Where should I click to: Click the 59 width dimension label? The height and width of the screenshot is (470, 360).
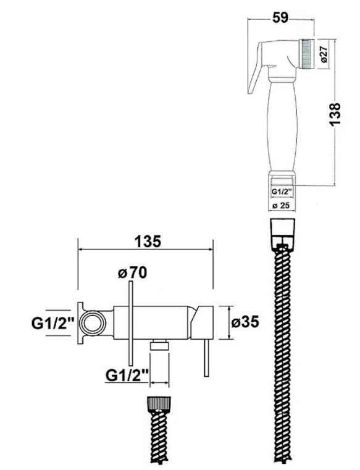pos(280,18)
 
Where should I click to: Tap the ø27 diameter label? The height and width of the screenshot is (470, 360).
pos(324,54)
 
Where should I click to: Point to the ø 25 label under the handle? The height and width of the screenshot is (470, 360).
pos(281,206)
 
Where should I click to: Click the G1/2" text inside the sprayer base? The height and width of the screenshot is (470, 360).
pos(282,191)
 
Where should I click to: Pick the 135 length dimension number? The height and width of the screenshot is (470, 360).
pos(148,241)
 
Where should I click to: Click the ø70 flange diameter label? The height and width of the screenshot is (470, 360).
pos(132,273)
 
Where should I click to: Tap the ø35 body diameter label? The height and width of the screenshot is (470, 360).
pos(245,322)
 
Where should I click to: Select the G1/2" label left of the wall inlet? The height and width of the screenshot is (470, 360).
pos(52,324)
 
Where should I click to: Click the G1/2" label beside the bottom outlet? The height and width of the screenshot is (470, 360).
pos(127,376)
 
